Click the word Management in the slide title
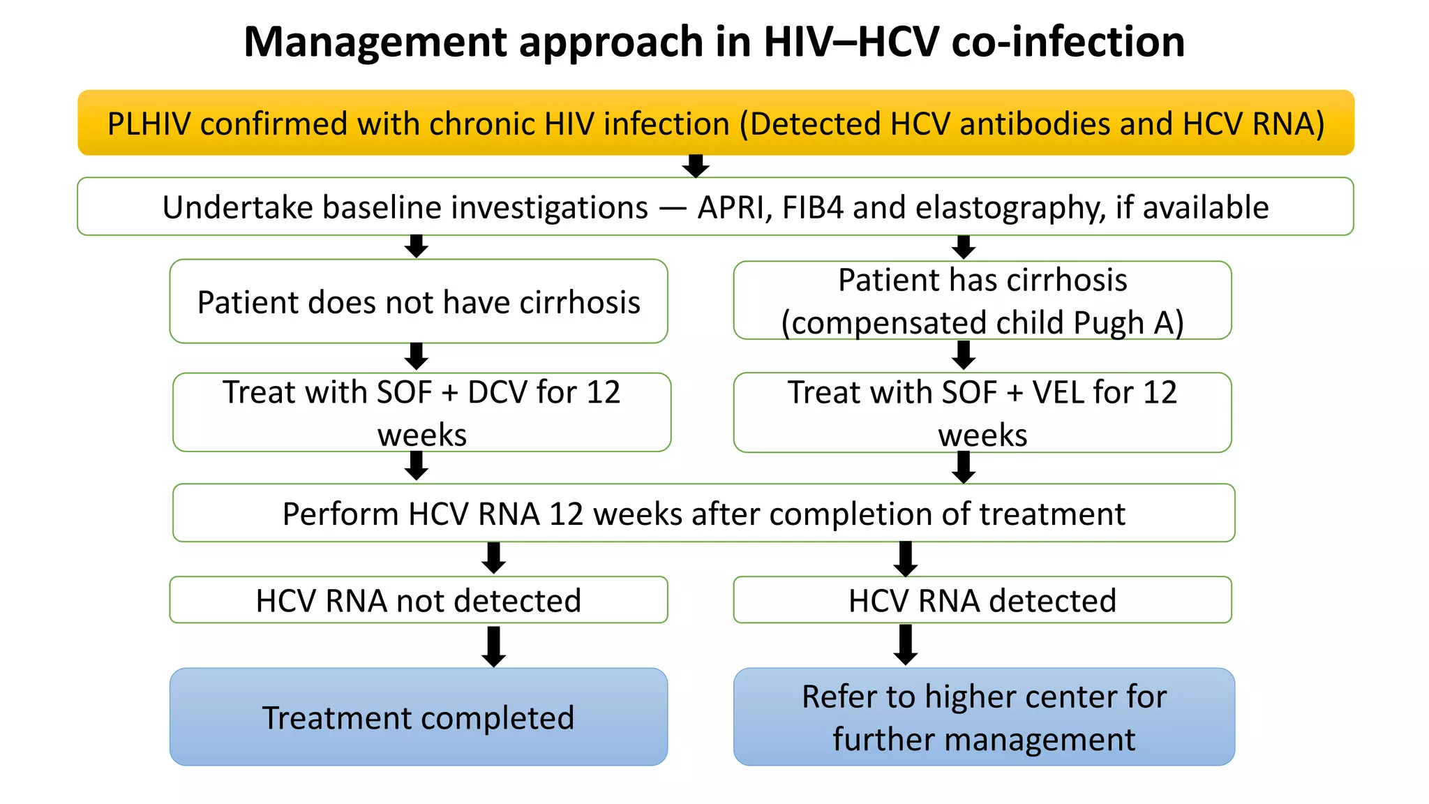tap(368, 42)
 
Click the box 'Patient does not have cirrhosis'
tap(419, 301)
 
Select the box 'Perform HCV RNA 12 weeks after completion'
tap(703, 514)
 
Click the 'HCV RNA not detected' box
tap(419, 600)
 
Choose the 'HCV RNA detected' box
tap(982, 600)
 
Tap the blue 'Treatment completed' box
tap(419, 717)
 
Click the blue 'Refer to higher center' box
tap(984, 717)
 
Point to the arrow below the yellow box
tap(696, 166)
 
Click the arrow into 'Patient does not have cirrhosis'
tap(417, 246)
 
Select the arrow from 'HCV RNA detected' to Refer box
tap(906, 644)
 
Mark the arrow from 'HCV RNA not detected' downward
tap(494, 646)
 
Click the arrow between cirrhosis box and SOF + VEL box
tap(964, 355)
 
